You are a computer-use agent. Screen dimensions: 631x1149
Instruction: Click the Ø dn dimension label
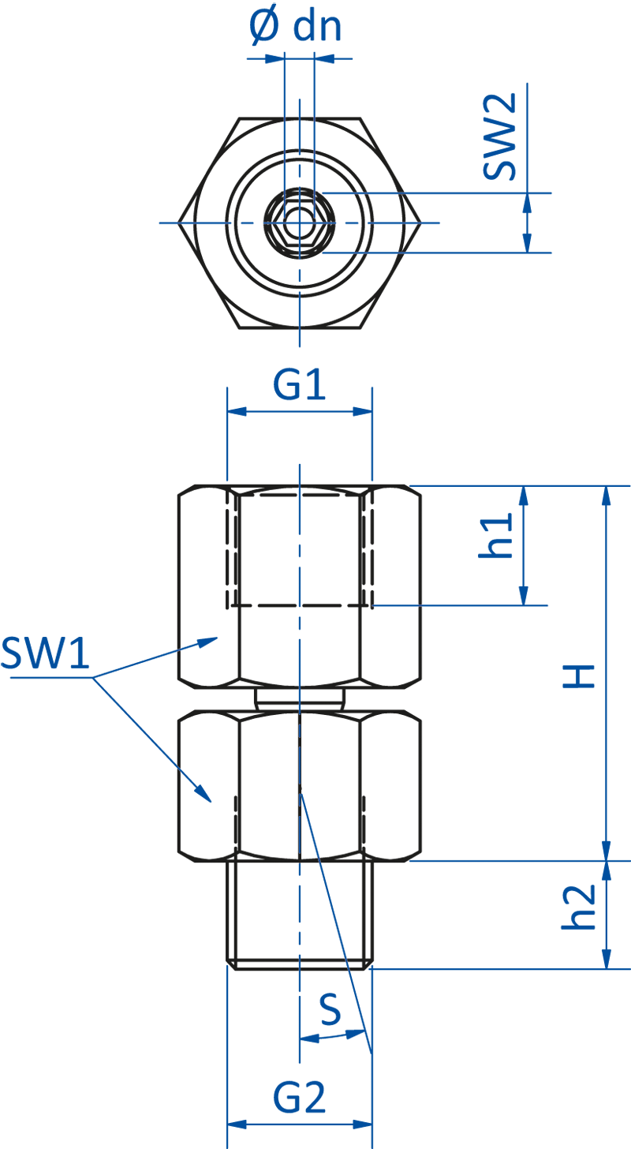click(296, 26)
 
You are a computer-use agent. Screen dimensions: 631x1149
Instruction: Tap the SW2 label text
click(500, 136)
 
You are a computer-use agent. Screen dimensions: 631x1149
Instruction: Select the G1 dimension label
click(300, 386)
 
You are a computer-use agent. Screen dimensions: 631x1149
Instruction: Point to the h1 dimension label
click(496, 535)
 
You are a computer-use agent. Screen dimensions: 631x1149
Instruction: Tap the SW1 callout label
click(45, 654)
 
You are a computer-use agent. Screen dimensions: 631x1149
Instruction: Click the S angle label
click(330, 1009)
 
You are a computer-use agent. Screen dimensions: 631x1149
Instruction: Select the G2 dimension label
click(300, 1098)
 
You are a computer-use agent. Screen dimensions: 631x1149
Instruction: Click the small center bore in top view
click(300, 223)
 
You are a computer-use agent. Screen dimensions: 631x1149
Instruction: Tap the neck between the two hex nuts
click(300, 698)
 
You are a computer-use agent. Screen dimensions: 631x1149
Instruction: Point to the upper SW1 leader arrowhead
click(210, 641)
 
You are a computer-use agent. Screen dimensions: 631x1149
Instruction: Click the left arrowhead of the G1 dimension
click(236, 411)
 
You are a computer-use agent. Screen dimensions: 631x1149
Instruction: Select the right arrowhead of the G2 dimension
click(364, 1124)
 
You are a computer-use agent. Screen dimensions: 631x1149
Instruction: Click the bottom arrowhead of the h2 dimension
click(606, 960)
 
